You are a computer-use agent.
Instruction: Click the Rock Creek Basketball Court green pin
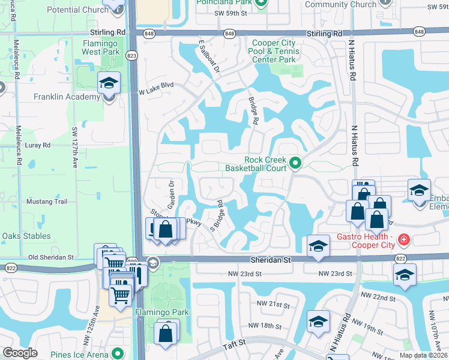coord(295,163)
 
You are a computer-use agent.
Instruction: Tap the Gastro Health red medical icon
coord(404,241)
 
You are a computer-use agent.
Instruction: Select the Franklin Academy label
coord(67,97)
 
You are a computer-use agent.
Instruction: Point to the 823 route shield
coord(131,56)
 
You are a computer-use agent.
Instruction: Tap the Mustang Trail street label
coord(47,202)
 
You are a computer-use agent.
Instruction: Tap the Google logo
coord(20,352)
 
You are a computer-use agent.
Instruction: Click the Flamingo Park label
coord(161,312)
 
